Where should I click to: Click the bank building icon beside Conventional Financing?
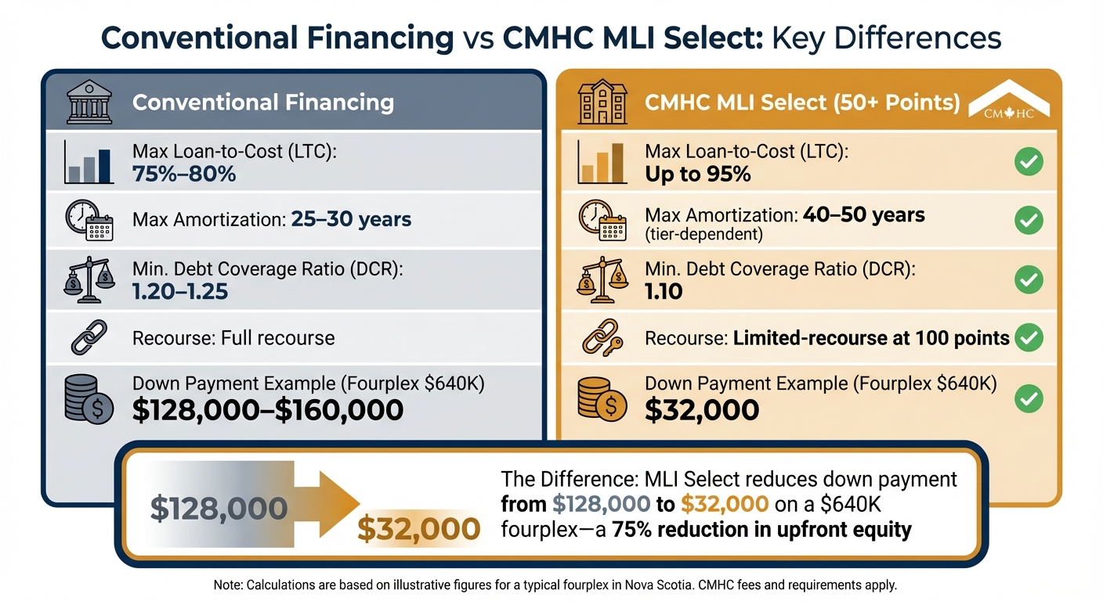88,103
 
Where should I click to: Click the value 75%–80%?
184,173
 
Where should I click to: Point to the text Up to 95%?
697,173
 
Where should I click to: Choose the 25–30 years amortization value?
351,219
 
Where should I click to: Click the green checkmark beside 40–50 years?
1028,221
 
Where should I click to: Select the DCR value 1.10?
664,292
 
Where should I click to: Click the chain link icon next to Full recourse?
88,339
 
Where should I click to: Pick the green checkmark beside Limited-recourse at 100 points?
1028,338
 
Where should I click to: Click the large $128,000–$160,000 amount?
268,409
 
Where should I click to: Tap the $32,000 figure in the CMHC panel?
702,409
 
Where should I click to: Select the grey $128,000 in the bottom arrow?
219,509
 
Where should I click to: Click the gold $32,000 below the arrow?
418,530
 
